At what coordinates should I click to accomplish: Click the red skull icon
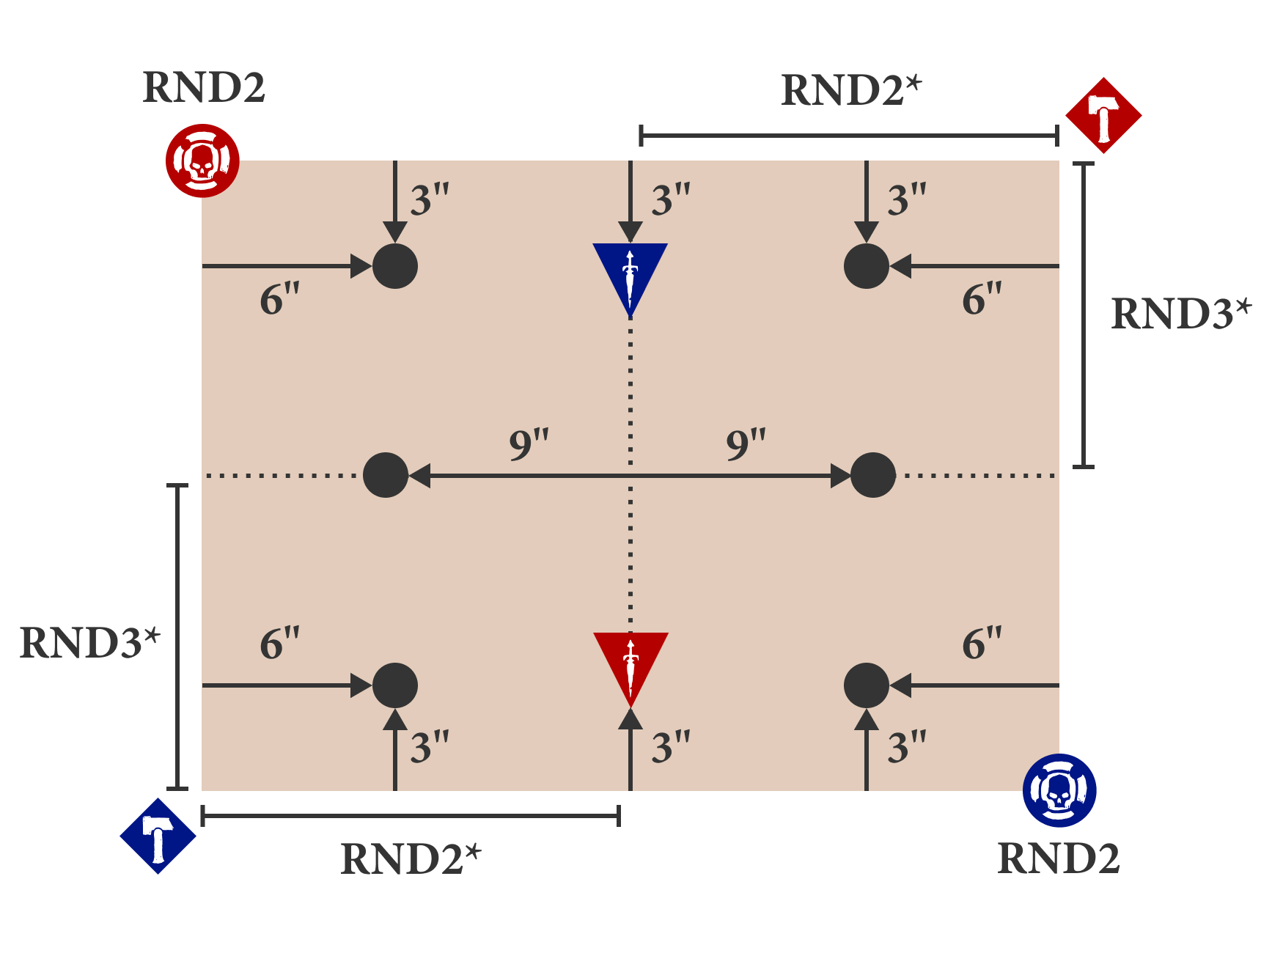pyautogui.click(x=202, y=161)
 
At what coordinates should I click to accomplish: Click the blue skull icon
pyautogui.click(x=1059, y=790)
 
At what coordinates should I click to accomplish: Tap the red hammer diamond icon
pyautogui.click(x=1103, y=116)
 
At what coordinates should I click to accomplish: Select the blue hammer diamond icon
pyautogui.click(x=158, y=836)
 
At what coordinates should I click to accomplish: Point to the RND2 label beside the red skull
pyautogui.click(x=203, y=88)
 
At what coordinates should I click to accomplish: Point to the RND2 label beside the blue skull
pyautogui.click(x=1059, y=858)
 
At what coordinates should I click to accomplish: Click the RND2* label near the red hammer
pyautogui.click(x=850, y=91)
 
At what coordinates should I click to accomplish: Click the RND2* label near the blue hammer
pyautogui.click(x=411, y=859)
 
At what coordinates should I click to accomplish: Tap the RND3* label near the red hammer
pyautogui.click(x=1180, y=314)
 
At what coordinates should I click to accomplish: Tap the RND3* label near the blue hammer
pyautogui.click(x=89, y=643)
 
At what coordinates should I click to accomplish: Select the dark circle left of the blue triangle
pyautogui.click(x=395, y=266)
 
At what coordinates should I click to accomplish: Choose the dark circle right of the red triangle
pyautogui.click(x=867, y=685)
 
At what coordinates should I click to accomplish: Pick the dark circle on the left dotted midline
pyautogui.click(x=386, y=475)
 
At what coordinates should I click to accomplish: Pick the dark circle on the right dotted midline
pyautogui.click(x=873, y=475)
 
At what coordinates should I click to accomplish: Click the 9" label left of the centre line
pyautogui.click(x=529, y=444)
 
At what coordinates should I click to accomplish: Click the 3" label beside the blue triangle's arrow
pyautogui.click(x=671, y=200)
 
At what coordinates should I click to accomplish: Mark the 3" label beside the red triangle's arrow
pyautogui.click(x=671, y=748)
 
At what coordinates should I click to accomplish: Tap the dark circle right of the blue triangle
pyautogui.click(x=867, y=266)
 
